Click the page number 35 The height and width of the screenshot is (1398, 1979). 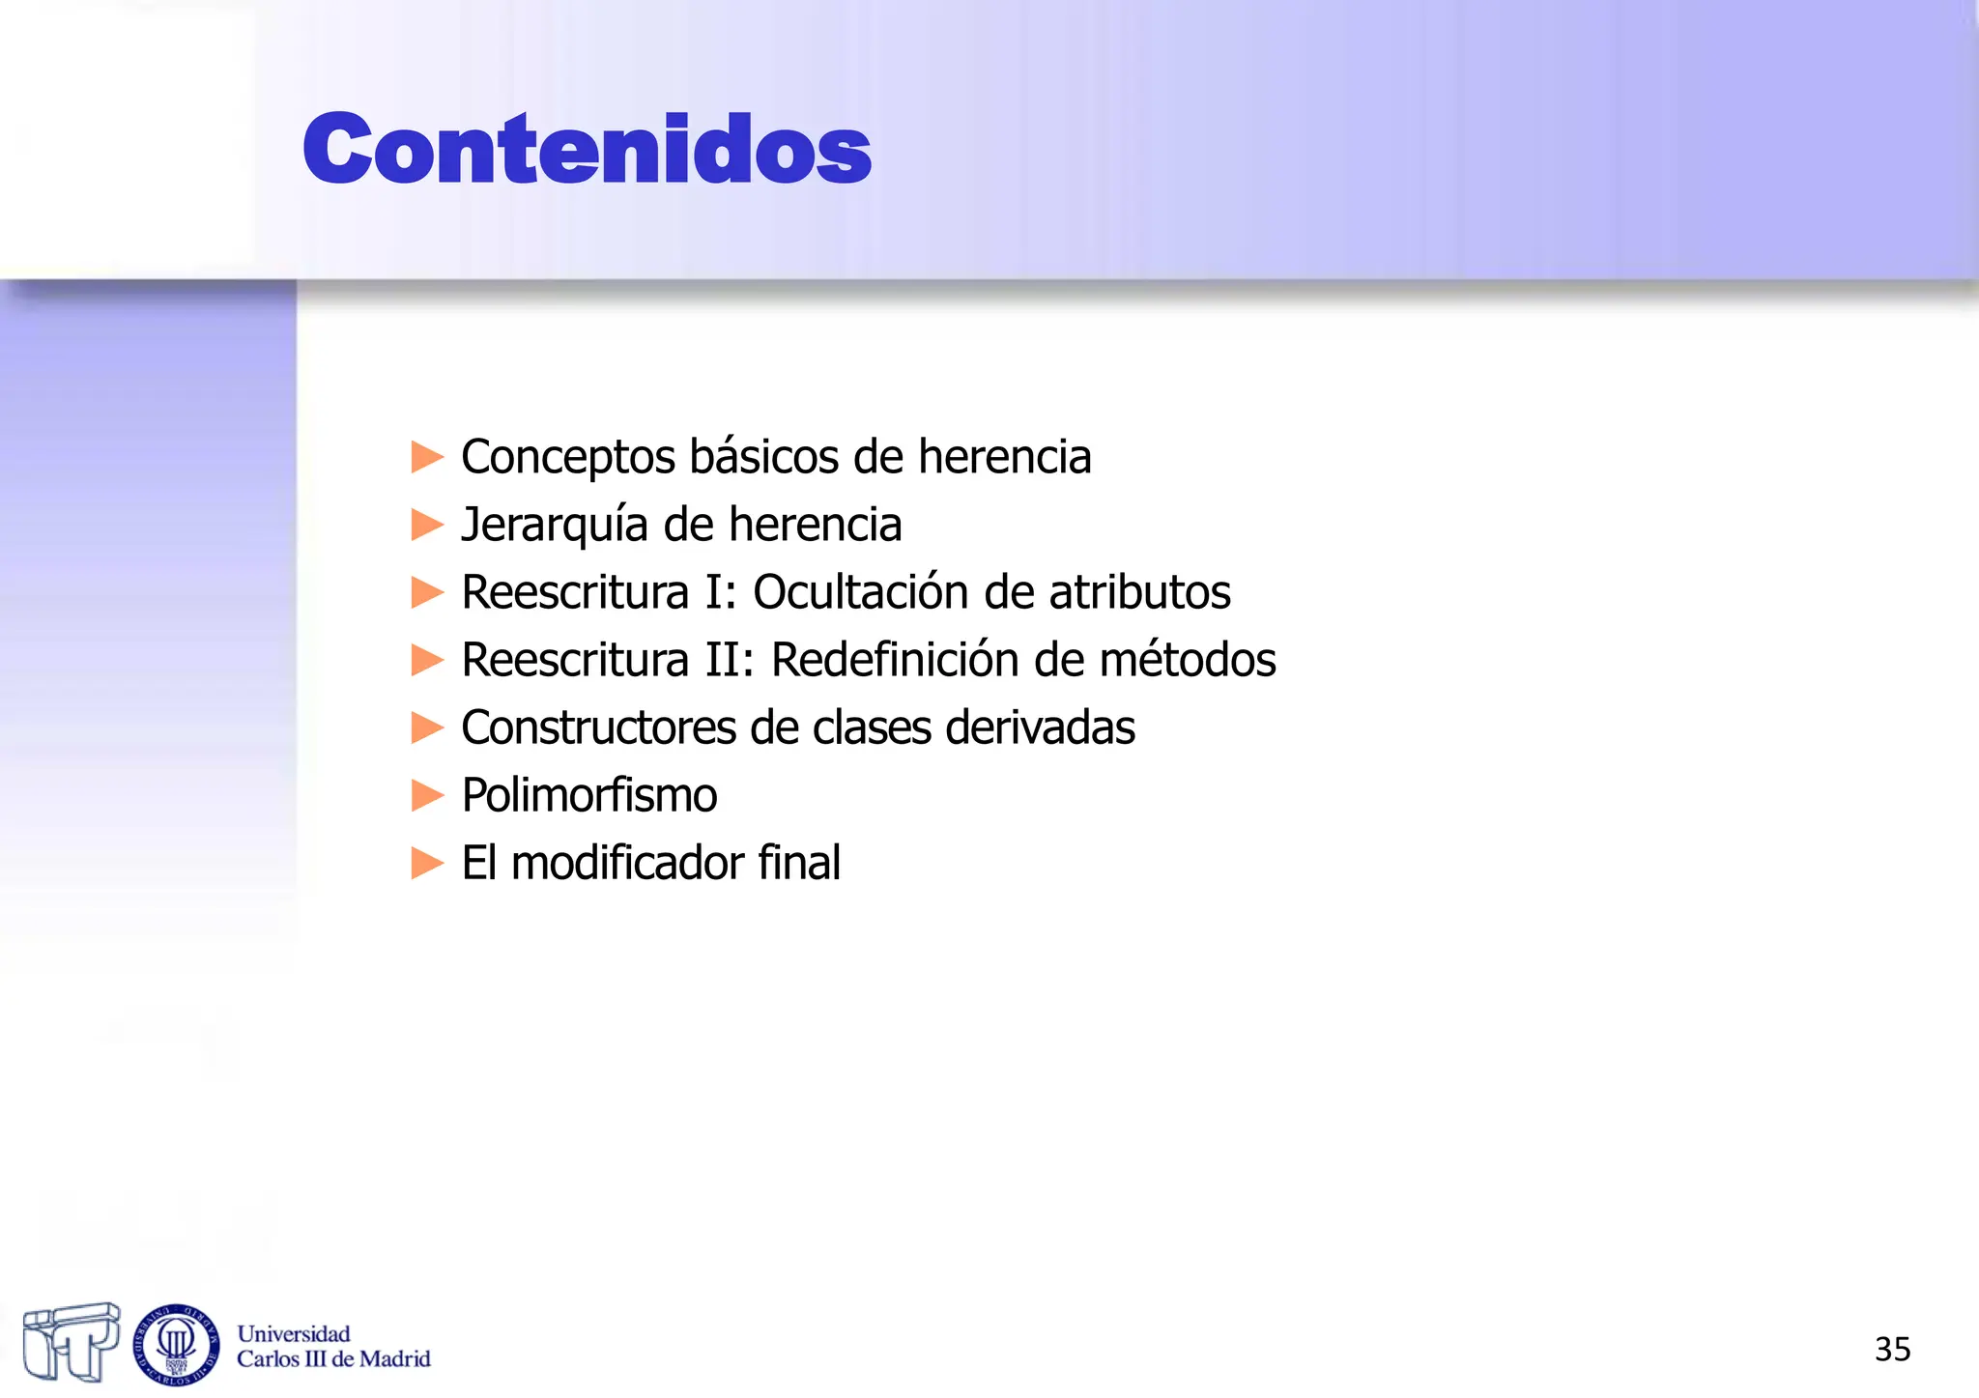1892,1349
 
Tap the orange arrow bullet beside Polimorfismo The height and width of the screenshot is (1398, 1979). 427,795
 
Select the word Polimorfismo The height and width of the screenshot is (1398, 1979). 589,795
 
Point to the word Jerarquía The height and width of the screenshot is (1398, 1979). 555,525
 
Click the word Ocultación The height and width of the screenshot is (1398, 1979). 861,592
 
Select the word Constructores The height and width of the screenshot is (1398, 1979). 599,728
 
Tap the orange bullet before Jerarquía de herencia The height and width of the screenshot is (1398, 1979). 427,525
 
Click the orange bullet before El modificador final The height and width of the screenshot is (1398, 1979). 427,863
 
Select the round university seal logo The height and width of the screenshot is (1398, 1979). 176,1344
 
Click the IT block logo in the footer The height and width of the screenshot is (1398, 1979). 71,1341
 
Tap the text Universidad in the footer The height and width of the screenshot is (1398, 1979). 294,1334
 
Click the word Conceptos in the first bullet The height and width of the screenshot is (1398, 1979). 567,456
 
